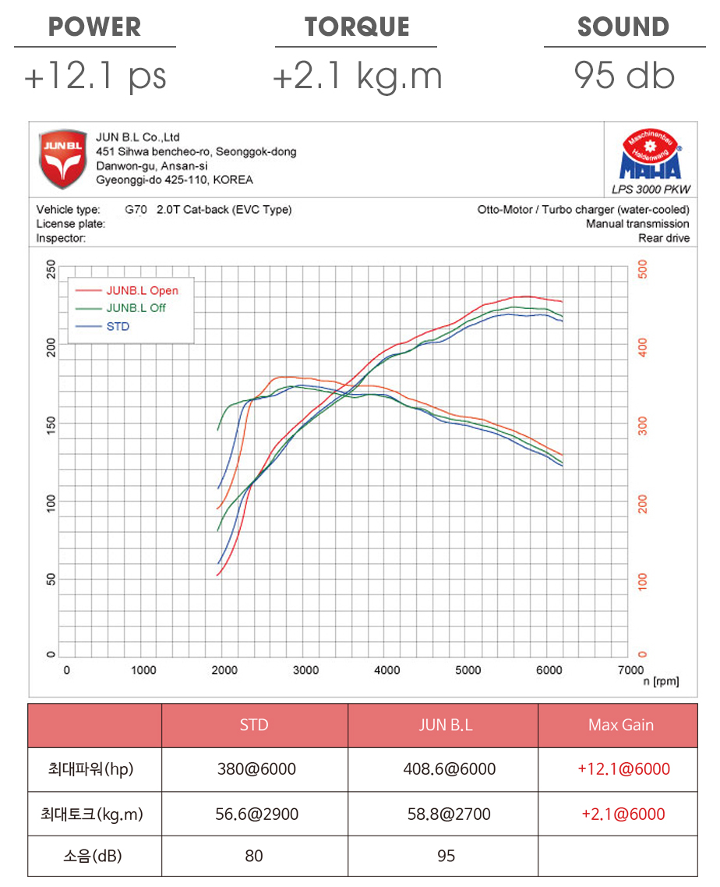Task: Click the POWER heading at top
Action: pyautogui.click(x=94, y=27)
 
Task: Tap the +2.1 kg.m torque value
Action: pyautogui.click(x=357, y=76)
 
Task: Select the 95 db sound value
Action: pyautogui.click(x=624, y=76)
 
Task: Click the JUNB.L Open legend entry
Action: pyautogui.click(x=142, y=290)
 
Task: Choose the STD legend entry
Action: pyautogui.click(x=118, y=326)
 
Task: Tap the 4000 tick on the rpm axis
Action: pyautogui.click(x=387, y=670)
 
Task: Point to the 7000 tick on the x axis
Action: pyautogui.click(x=630, y=670)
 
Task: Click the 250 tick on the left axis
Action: pyautogui.click(x=51, y=269)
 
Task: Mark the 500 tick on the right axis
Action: pyautogui.click(x=642, y=270)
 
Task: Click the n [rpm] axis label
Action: pyautogui.click(x=660, y=682)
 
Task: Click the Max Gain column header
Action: pyautogui.click(x=620, y=726)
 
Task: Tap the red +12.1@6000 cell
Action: pyautogui.click(x=623, y=769)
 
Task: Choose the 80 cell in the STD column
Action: pyautogui.click(x=254, y=856)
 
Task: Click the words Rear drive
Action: pyautogui.click(x=664, y=239)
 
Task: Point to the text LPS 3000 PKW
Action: pyautogui.click(x=651, y=189)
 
